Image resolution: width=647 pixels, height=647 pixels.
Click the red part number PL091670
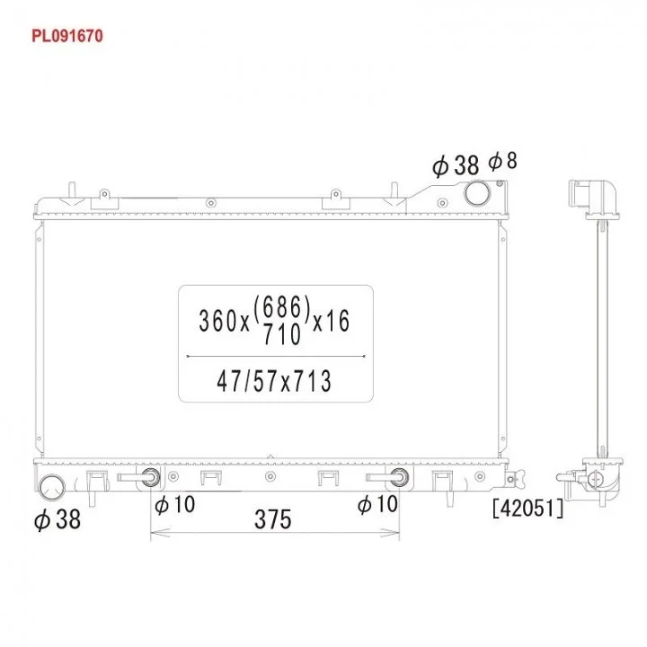(67, 36)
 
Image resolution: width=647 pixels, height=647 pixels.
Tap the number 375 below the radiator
(273, 519)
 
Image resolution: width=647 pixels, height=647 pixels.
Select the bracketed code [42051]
(527, 508)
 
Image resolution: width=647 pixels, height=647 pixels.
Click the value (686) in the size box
(282, 308)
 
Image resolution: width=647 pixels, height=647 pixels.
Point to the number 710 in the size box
(282, 333)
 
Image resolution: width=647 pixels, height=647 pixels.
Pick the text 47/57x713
(274, 381)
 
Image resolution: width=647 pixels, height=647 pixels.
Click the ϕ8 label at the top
(502, 161)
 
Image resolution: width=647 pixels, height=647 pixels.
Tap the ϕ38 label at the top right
(456, 165)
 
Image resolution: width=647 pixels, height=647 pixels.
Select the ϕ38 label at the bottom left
(58, 519)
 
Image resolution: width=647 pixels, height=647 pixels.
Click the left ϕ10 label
(174, 504)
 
